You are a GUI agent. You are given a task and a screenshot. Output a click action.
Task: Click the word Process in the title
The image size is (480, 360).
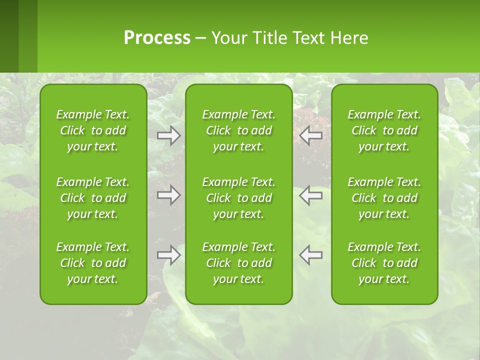click(x=157, y=38)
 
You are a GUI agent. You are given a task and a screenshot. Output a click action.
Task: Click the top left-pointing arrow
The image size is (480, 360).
click(x=310, y=135)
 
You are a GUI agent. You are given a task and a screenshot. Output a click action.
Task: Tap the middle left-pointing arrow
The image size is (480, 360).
click(x=310, y=195)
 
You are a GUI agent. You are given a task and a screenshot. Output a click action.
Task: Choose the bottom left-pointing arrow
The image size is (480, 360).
click(x=310, y=255)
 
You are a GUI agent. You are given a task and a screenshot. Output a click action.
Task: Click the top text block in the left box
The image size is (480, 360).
click(x=93, y=130)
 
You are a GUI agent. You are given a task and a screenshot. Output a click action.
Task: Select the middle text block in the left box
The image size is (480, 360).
click(x=93, y=198)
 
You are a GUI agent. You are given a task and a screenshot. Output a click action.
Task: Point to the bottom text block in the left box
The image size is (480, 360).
click(x=93, y=263)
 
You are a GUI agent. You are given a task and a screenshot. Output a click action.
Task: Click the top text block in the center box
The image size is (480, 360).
click(x=239, y=130)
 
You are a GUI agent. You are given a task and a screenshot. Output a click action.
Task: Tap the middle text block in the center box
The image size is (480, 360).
click(x=239, y=198)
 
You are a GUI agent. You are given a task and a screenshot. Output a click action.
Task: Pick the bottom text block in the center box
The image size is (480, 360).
click(x=239, y=263)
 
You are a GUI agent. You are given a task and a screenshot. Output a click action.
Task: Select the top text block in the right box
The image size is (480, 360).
click(x=384, y=130)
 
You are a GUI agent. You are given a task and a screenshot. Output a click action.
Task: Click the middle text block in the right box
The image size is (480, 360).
click(x=384, y=198)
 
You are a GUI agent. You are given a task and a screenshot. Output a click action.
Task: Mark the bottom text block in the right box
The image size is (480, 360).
click(x=384, y=263)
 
